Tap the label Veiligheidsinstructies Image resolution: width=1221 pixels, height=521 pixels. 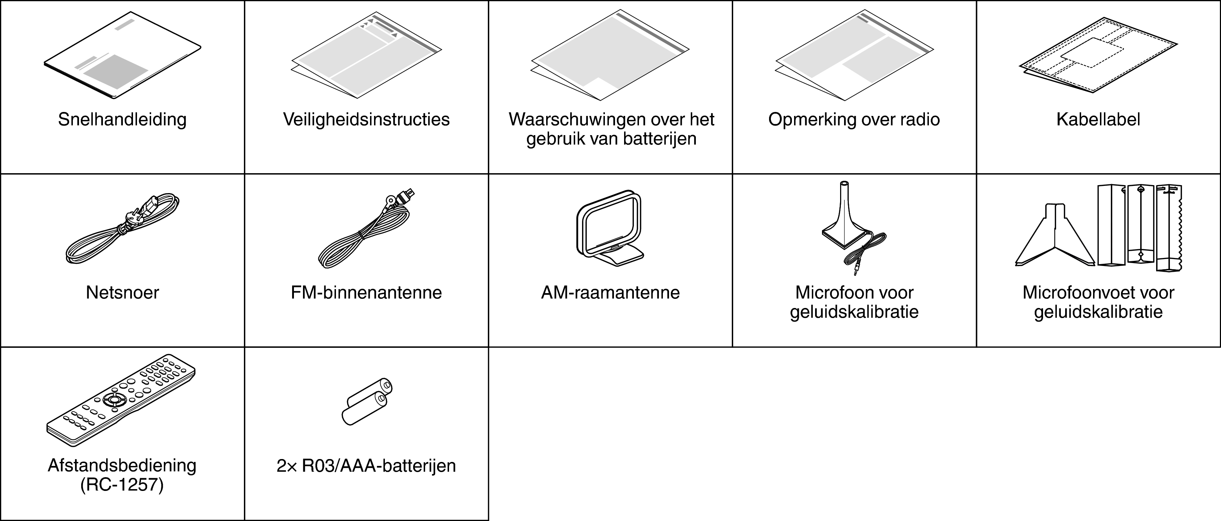click(366, 119)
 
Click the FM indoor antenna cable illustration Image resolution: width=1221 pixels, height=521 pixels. click(365, 230)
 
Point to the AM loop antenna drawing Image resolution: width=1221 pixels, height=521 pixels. click(610, 227)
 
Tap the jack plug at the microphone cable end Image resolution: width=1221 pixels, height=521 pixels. click(856, 271)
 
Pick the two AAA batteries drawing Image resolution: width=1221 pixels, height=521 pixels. click(367, 402)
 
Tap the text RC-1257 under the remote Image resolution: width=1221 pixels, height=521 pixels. click(122, 485)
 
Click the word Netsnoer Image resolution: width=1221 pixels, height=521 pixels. click(122, 293)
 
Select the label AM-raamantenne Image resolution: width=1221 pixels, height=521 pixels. click(610, 293)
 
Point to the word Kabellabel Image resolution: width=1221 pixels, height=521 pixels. click(1098, 119)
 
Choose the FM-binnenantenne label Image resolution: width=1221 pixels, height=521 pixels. click(366, 293)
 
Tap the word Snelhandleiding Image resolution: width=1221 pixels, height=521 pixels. click(122, 119)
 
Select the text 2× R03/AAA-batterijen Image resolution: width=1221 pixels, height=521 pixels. click(366, 466)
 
